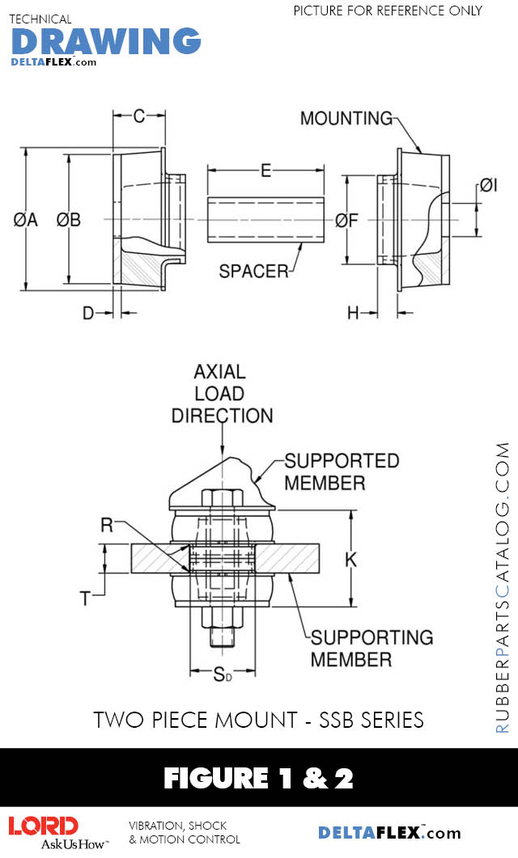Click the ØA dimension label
click(x=26, y=219)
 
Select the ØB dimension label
click(x=69, y=219)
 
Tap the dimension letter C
click(x=139, y=116)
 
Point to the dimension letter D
click(x=89, y=312)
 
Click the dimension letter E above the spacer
click(x=265, y=171)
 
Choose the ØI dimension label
click(x=487, y=185)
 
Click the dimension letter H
click(x=353, y=312)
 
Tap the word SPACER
click(x=253, y=272)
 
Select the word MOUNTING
click(x=346, y=118)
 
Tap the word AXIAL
click(x=219, y=372)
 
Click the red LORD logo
click(x=44, y=826)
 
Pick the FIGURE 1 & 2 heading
click(x=258, y=778)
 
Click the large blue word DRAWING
click(x=106, y=40)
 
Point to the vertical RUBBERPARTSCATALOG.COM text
click(x=503, y=587)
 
